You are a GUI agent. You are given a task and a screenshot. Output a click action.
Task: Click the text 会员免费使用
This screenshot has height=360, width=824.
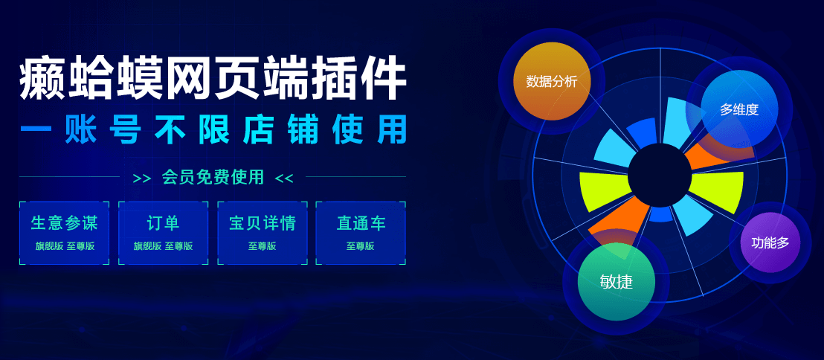click(x=213, y=177)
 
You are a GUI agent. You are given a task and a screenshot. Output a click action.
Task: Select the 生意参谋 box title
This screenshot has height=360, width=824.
click(x=64, y=223)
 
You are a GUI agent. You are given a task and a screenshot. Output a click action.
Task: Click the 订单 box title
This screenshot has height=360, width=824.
click(x=163, y=223)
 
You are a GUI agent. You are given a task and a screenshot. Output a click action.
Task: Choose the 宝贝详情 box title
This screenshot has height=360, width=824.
click(x=263, y=223)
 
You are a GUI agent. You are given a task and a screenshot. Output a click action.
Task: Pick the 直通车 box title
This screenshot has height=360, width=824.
click(x=361, y=223)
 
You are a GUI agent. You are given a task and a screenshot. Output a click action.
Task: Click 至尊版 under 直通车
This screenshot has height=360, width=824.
click(x=361, y=246)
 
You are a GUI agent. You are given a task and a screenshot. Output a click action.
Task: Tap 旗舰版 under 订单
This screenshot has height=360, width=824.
click(x=148, y=246)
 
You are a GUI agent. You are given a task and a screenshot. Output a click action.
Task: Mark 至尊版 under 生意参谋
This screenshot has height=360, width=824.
click(x=80, y=246)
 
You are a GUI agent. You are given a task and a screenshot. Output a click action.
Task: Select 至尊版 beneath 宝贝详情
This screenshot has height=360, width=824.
click(x=263, y=246)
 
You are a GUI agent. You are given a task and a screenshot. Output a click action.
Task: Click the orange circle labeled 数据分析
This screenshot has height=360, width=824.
click(x=552, y=82)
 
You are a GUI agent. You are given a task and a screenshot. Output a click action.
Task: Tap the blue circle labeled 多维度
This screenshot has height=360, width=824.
click(x=739, y=109)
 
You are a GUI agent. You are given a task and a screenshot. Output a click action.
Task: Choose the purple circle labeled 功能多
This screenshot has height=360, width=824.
click(x=770, y=242)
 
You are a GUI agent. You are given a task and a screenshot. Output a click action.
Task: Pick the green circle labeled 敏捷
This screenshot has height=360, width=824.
click(x=617, y=282)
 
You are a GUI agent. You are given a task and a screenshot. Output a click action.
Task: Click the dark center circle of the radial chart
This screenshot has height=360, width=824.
click(x=660, y=176)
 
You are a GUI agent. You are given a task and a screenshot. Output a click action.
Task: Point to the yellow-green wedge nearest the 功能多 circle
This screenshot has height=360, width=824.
click(x=718, y=191)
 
